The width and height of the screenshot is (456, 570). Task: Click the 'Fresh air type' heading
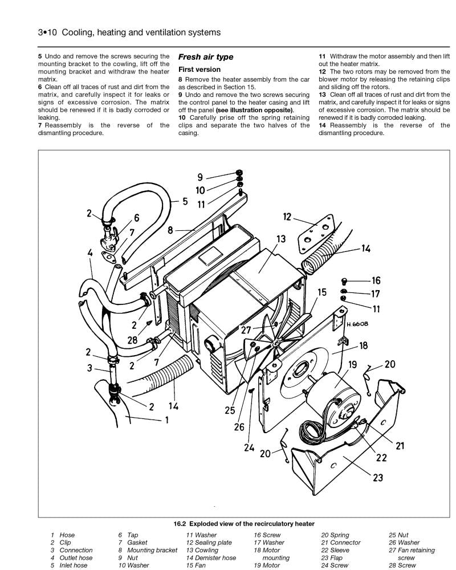pyautogui.click(x=205, y=57)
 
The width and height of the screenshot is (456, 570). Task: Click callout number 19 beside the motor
pyautogui.click(x=352, y=364)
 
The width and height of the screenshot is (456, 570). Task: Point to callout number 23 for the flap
pyautogui.click(x=378, y=478)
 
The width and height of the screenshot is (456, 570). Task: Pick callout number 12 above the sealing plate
pyautogui.click(x=287, y=217)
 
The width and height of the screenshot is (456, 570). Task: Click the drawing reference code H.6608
pyautogui.click(x=357, y=324)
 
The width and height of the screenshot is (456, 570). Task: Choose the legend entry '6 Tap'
pyautogui.click(x=128, y=535)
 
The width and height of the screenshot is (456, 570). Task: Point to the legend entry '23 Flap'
pyautogui.click(x=331, y=558)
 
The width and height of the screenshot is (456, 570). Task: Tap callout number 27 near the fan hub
pyautogui.click(x=246, y=329)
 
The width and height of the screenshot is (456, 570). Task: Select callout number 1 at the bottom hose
pyautogui.click(x=167, y=421)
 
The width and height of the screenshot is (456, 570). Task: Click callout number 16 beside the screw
pyautogui.click(x=376, y=280)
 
